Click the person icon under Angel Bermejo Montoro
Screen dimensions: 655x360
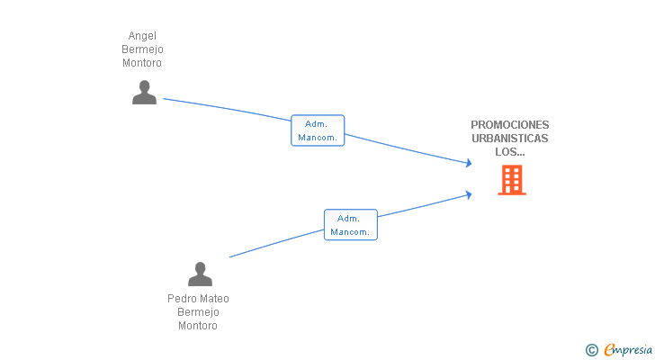(144, 93)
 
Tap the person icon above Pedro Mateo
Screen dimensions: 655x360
(200, 274)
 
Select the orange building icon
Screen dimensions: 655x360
(512, 180)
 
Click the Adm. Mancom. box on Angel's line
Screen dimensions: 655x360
(318, 130)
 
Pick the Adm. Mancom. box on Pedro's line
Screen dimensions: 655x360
(351, 225)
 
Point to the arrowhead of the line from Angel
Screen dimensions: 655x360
(469, 163)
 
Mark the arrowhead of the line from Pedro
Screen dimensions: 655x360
(469, 194)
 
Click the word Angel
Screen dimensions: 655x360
(142, 36)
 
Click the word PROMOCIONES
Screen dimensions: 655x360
(509, 125)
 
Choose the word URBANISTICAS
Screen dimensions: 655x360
(509, 139)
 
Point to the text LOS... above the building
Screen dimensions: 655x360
(509, 152)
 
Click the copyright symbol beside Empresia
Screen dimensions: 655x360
(591, 350)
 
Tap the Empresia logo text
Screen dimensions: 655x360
(628, 350)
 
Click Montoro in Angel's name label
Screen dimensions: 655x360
(142, 63)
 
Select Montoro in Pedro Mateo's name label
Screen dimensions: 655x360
(198, 326)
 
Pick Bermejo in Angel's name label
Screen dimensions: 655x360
(142, 49)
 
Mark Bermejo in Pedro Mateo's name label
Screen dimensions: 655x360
(198, 312)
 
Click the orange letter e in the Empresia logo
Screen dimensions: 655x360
(609, 349)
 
